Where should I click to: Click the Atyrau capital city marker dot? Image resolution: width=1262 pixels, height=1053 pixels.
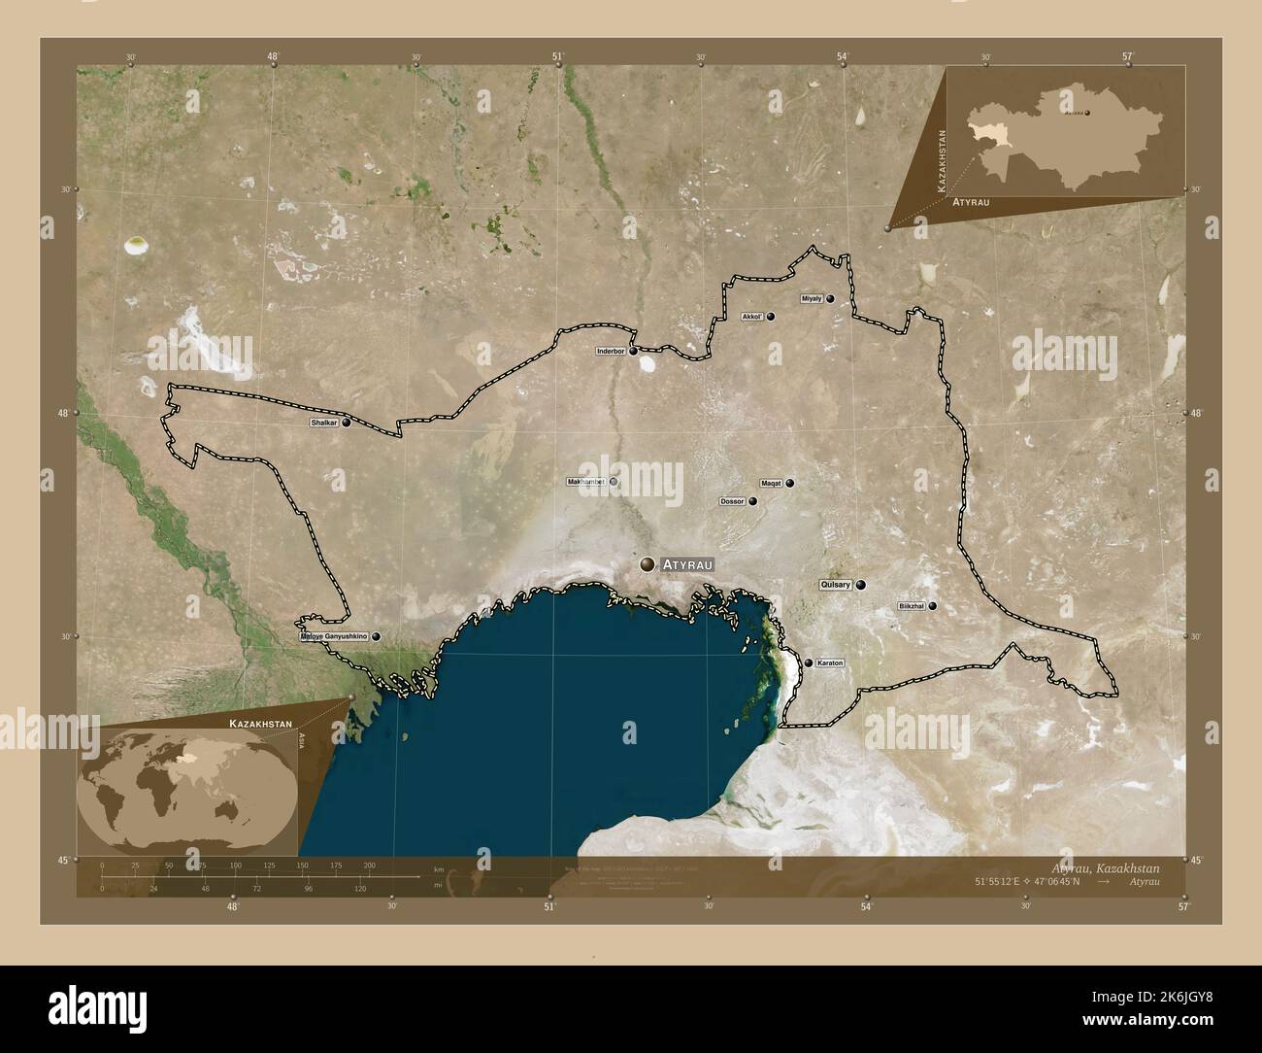point(648,563)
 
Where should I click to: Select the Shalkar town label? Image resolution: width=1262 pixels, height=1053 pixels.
point(322,424)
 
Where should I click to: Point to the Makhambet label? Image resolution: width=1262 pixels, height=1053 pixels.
point(585,481)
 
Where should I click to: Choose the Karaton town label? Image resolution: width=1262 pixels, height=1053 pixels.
point(830,662)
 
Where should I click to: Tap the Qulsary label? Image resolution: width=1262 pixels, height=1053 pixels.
point(835,585)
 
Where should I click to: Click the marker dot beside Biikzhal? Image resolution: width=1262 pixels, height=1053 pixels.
point(933,606)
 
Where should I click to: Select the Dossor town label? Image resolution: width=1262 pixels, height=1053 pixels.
point(732,501)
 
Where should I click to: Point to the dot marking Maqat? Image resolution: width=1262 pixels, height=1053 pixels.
point(790,483)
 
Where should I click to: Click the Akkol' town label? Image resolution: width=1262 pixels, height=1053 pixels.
point(752,317)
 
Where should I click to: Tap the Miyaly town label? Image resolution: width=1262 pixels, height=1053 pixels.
point(812,298)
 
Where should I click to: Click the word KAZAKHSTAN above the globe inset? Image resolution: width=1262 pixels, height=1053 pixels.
point(260,725)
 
